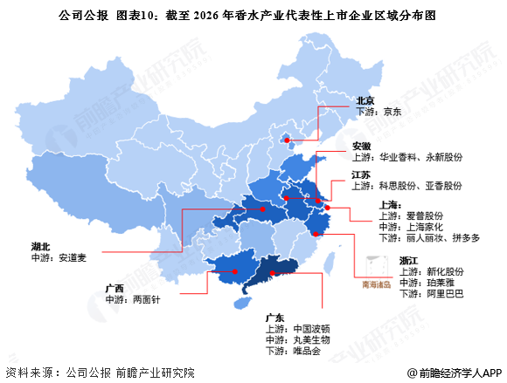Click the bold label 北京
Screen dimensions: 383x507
(x=365, y=100)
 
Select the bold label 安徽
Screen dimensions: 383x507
(x=362, y=145)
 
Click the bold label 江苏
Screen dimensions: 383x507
(x=362, y=174)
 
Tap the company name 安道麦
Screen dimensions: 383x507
(x=71, y=257)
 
